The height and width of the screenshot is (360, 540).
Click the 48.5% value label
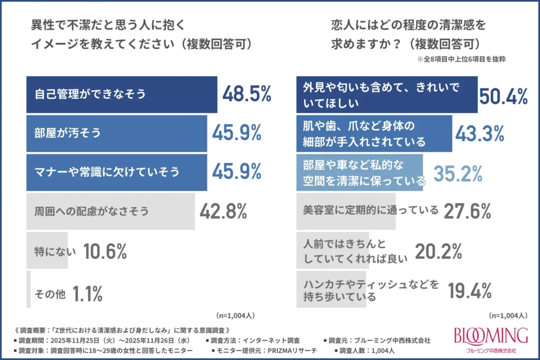click(246, 94)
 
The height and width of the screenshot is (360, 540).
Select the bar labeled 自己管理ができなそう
click(122, 95)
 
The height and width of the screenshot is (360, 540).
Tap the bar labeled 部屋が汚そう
click(117, 133)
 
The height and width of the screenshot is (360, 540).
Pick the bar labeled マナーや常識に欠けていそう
click(117, 172)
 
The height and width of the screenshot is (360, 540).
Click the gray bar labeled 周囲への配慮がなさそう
click(110, 211)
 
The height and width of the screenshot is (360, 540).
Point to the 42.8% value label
click(224, 211)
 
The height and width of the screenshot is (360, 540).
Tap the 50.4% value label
click(504, 95)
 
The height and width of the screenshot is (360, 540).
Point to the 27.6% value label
click(467, 211)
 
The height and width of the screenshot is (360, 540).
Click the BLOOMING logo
click(491, 337)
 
